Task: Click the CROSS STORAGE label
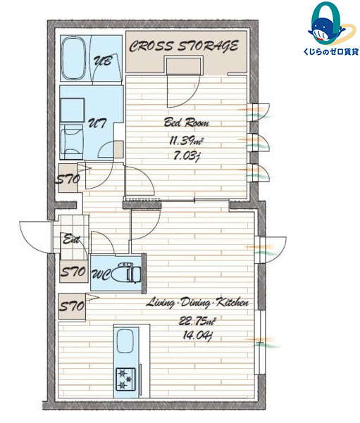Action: (184, 46)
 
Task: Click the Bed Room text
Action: (187, 122)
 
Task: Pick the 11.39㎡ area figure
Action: (187, 141)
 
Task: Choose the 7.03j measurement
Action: (187, 156)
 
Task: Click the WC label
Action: (101, 274)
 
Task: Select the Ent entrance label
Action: (71, 239)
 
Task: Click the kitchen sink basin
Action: (125, 341)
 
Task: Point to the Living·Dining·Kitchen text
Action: (197, 303)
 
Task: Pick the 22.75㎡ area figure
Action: (197, 321)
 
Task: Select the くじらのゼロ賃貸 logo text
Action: (330, 51)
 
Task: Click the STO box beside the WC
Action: (73, 272)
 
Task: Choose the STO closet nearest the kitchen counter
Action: (72, 306)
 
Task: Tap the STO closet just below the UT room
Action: (68, 178)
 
